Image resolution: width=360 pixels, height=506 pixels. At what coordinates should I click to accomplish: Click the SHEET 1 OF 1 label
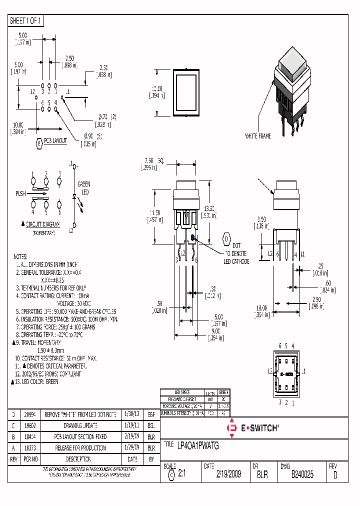click(26, 20)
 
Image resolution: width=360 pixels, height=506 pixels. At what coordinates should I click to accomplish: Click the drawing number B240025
click(302, 474)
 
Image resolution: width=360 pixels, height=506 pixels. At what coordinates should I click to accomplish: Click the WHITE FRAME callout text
click(257, 136)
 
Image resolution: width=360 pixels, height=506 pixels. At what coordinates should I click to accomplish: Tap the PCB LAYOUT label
click(55, 141)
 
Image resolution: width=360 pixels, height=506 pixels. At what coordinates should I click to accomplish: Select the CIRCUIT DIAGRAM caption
click(43, 225)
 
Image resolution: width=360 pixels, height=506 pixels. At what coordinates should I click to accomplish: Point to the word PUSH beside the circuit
click(20, 193)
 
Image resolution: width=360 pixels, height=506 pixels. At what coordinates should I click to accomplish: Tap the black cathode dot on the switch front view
click(193, 240)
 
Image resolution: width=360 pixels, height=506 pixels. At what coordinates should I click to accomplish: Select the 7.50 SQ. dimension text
click(154, 160)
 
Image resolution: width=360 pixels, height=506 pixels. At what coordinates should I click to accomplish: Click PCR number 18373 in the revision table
click(31, 447)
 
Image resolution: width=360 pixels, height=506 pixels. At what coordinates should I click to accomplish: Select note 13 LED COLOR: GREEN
click(38, 381)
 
